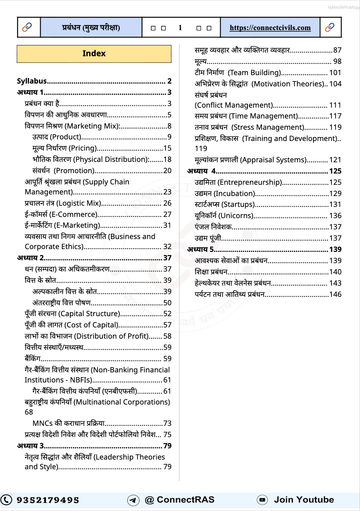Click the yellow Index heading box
[x=94, y=54]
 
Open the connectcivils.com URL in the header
[x=270, y=28]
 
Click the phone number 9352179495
[x=48, y=500]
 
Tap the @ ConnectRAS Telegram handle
[x=179, y=500]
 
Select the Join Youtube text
[x=304, y=500]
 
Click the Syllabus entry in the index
[x=32, y=81]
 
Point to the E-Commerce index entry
[x=61, y=214]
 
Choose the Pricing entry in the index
[x=65, y=148]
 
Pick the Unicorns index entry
[x=224, y=216]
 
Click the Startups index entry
[x=225, y=204]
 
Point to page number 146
[x=335, y=294]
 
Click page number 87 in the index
[x=337, y=50]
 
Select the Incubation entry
[x=225, y=194]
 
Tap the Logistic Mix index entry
[x=63, y=203]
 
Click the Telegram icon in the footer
[x=133, y=500]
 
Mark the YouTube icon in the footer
[x=262, y=500]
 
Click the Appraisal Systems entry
[x=250, y=160]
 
